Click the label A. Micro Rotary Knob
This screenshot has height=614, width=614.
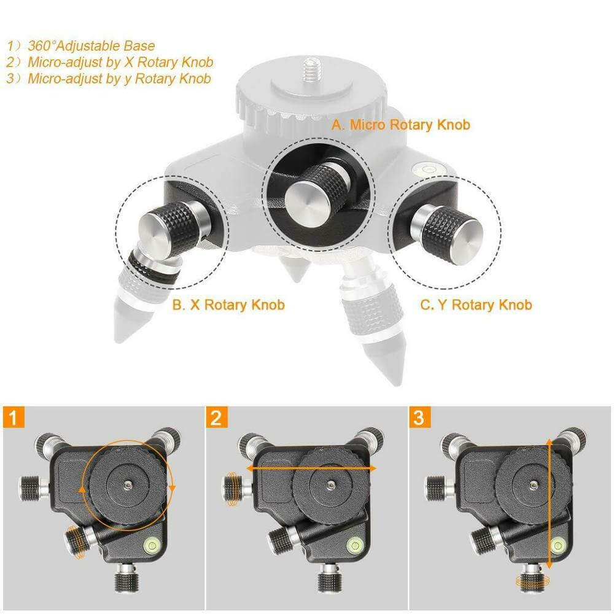pyautogui.click(x=400, y=125)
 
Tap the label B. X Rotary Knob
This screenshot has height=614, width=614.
pyautogui.click(x=228, y=305)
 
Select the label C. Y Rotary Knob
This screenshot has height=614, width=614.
pyautogui.click(x=476, y=305)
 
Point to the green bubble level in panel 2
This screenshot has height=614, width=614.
pyautogui.click(x=354, y=544)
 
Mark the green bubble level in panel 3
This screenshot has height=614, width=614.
pyautogui.click(x=558, y=544)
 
